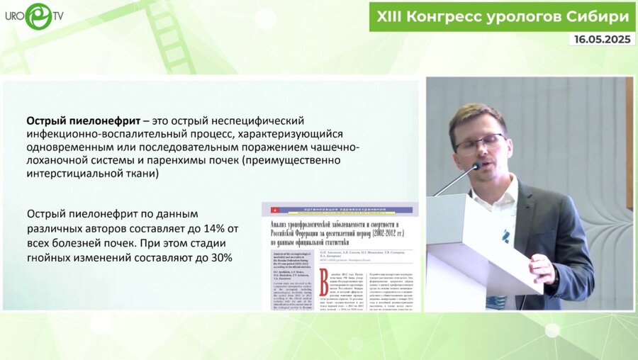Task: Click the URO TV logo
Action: click(36, 16)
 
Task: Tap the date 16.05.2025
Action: click(602, 40)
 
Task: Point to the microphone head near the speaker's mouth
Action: click(476, 168)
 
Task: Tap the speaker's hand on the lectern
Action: click(540, 268)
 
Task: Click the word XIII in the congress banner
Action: click(391, 16)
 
